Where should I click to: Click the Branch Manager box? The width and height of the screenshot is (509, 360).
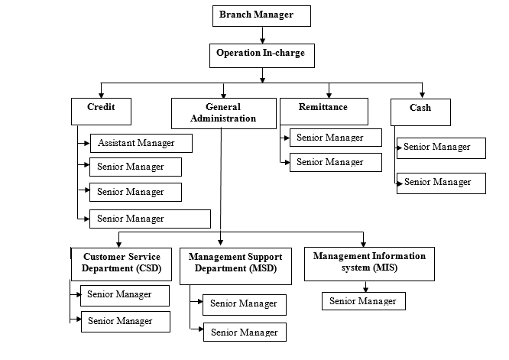(262, 15)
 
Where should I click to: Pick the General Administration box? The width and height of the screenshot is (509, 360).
(223, 113)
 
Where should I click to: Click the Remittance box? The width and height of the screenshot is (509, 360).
(324, 112)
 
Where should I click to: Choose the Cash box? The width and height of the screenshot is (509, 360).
(420, 112)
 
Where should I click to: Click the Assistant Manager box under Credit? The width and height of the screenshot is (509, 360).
(141, 143)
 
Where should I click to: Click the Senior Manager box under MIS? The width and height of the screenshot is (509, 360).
(363, 301)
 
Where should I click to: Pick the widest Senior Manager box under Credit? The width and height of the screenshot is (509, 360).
(150, 219)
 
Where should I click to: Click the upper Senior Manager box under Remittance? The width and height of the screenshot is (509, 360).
(336, 138)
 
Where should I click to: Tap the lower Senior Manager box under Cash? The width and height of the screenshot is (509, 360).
(441, 182)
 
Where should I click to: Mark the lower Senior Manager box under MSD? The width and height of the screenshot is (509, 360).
(245, 332)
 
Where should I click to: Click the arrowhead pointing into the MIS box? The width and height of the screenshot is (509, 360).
(363, 242)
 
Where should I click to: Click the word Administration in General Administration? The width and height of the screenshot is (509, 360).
(223, 119)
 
